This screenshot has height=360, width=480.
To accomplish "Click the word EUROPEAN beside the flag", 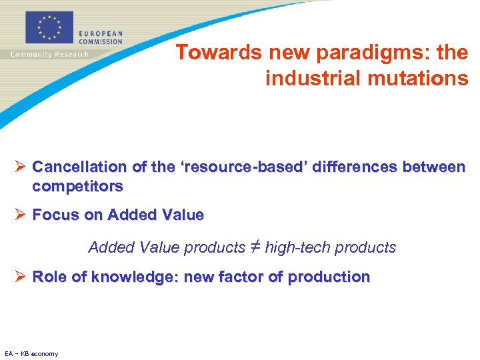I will point(101,33).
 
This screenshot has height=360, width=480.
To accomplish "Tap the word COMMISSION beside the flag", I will point(101,41).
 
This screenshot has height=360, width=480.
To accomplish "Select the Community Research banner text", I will point(49,54).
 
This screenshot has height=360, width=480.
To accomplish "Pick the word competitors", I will point(77,186).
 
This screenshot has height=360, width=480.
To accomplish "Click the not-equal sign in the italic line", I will point(255,247).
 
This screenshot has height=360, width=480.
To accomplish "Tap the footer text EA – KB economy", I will point(31,353).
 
